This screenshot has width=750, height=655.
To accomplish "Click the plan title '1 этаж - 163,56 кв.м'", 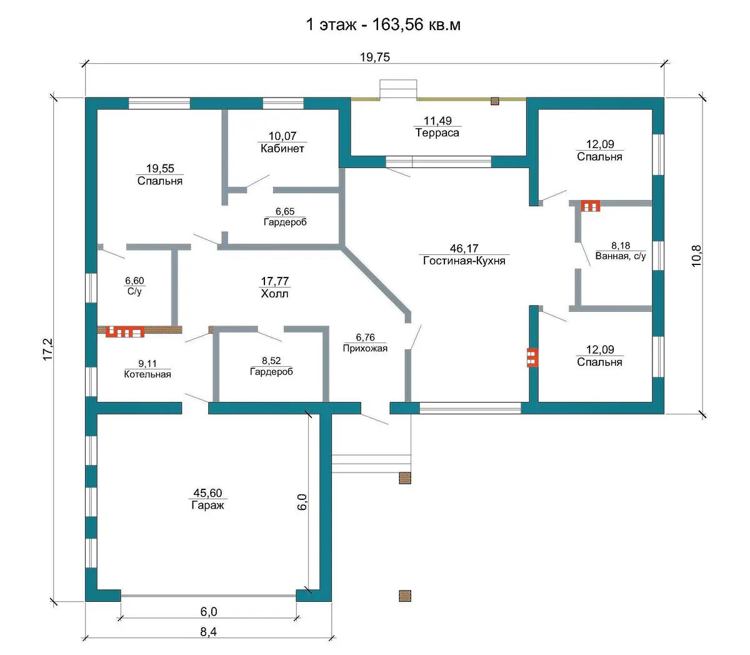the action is tap(383, 25).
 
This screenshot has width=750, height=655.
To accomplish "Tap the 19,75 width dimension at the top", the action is tap(374, 57).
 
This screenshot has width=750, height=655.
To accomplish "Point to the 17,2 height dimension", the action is tap(48, 349).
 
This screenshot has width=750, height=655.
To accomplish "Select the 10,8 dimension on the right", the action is tap(696, 256).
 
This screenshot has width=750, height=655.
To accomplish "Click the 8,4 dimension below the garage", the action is tap(208, 632).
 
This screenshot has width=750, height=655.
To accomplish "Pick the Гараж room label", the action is tap(207, 505).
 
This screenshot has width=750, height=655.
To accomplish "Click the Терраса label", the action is tap(437, 132).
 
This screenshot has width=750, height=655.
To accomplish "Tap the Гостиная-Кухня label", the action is tap(464, 261).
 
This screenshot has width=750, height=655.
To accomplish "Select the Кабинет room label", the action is tap(282, 149).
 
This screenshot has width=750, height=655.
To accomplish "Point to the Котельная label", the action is tap(147, 374).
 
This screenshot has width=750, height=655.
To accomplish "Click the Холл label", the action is tap(274, 294).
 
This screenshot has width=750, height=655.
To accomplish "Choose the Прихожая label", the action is tap(365, 348).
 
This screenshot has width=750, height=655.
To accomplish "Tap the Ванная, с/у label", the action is tap(621, 256).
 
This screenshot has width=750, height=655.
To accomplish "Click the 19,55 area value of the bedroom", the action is tap(160, 168).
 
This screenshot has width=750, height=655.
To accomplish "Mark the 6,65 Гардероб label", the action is tap(285, 217).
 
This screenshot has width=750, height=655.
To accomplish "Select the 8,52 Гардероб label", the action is tap(271, 366).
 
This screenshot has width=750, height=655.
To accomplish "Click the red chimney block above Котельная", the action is tap(125, 331).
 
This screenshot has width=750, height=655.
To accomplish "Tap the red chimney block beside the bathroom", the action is tap(590, 206).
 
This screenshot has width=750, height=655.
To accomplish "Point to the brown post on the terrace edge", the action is tap(495, 101).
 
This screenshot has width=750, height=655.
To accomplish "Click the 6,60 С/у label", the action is tap(134, 286).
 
